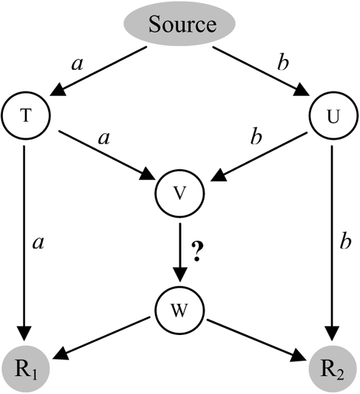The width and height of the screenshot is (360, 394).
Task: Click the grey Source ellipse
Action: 181,25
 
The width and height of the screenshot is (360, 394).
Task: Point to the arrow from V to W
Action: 180,252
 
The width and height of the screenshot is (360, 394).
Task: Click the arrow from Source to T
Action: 101,72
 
